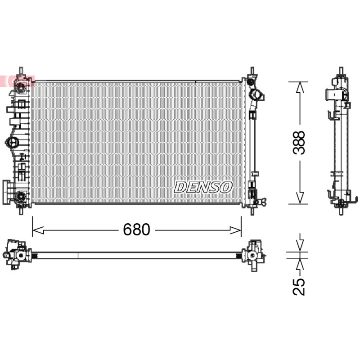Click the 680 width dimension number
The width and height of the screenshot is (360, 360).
pos(136,229)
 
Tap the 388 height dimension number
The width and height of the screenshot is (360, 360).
pos(299,143)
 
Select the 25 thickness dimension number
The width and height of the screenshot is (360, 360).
pos(299,287)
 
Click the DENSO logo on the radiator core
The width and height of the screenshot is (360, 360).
pos(203,187)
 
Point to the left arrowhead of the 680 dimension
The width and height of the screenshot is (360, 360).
pos(38,230)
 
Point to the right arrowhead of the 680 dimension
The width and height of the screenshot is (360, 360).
pos(235,230)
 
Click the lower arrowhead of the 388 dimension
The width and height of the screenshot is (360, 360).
pos(300,198)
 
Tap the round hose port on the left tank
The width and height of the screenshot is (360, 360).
pos(12,142)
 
